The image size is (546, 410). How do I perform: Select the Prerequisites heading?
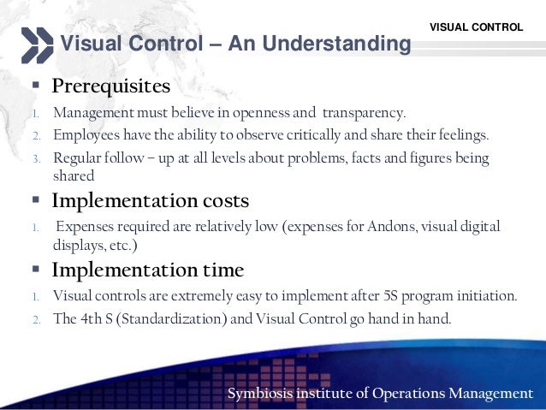pos(111,87)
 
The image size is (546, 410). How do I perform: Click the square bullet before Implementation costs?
pos(35,201)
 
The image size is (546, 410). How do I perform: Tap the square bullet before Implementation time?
pos(35,270)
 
